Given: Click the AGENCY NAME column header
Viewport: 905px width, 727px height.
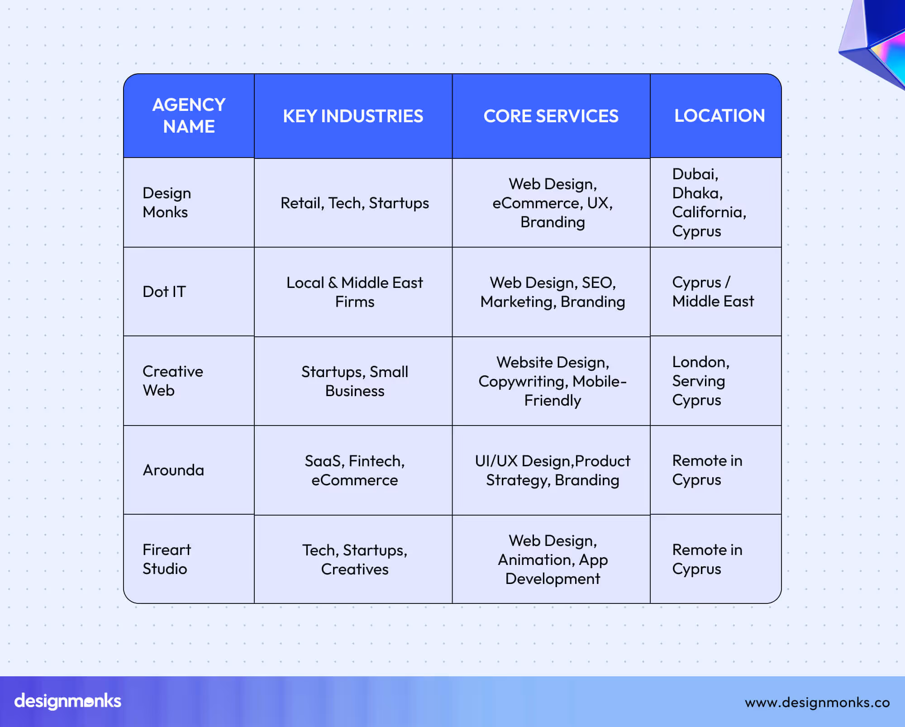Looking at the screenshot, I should click(x=189, y=116).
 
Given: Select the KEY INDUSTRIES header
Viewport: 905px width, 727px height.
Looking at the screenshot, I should click(x=353, y=116).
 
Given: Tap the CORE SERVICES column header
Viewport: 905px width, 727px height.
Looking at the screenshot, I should click(x=551, y=116).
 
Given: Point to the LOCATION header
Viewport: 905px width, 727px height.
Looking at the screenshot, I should click(x=719, y=116).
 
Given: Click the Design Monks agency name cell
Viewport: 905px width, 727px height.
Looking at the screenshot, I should click(x=167, y=202).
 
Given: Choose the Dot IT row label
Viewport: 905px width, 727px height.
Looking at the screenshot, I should click(x=164, y=292).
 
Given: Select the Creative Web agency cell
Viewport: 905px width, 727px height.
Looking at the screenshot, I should click(x=172, y=381).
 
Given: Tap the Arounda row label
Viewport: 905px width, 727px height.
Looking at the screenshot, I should click(x=173, y=470).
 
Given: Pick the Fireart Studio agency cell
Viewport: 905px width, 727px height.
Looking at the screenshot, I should click(x=167, y=559).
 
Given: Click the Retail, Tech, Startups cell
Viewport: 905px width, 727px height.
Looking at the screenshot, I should click(x=354, y=203).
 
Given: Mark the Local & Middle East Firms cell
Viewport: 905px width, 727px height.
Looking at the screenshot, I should click(x=354, y=292).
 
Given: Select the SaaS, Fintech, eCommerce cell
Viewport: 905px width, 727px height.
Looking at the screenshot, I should click(x=354, y=470).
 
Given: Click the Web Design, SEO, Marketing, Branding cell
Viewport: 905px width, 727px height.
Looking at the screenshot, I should click(x=553, y=292).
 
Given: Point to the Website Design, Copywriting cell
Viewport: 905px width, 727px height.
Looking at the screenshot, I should click(x=553, y=381).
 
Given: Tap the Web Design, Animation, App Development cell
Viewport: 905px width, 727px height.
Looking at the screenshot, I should click(x=553, y=560).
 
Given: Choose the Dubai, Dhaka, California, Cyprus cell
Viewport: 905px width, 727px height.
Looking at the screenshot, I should click(x=709, y=202).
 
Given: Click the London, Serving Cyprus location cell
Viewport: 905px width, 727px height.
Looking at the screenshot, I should click(x=700, y=381).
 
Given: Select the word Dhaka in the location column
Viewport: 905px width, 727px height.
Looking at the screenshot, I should click(x=697, y=193).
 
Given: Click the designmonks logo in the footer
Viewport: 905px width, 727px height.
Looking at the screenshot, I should click(x=68, y=701).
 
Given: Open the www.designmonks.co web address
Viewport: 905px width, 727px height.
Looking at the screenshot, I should click(x=817, y=702).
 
